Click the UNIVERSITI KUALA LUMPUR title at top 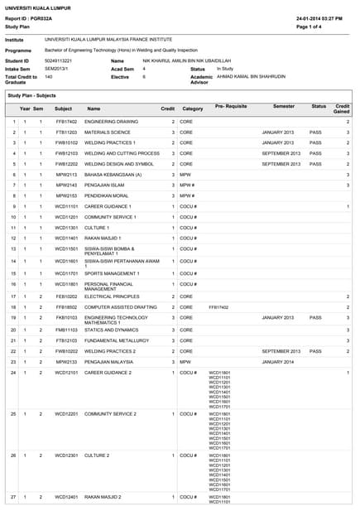click(x=37, y=7)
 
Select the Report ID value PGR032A click(x=41, y=17)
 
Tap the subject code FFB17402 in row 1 click(x=66, y=122)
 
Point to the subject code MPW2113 click(x=66, y=175)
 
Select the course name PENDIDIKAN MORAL click(x=108, y=196)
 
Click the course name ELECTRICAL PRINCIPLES click(x=112, y=296)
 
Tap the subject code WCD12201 click(x=66, y=413)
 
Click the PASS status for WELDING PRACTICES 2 click(x=315, y=351)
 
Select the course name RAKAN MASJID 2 click(x=105, y=497)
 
